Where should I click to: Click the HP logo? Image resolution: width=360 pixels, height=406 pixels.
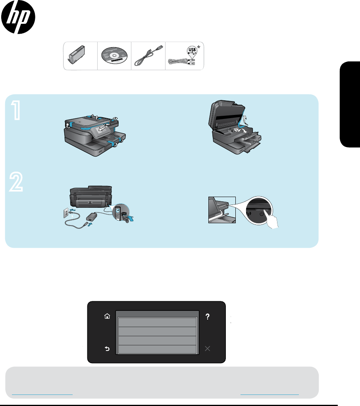pyautogui.click(x=18, y=17)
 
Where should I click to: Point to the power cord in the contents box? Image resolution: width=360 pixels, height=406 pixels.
pyautogui.click(x=148, y=56)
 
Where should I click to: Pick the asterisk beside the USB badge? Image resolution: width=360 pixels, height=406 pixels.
pyautogui.click(x=199, y=47)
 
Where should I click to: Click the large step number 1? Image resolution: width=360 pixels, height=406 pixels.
pyautogui.click(x=16, y=110)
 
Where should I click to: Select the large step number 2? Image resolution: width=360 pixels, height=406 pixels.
pyautogui.click(x=16, y=182)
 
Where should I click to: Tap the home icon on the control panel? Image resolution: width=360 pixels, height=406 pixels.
pyautogui.click(x=107, y=316)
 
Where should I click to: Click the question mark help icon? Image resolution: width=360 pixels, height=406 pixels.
pyautogui.click(x=207, y=316)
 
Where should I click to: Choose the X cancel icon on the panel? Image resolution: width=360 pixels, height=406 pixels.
pyautogui.click(x=207, y=349)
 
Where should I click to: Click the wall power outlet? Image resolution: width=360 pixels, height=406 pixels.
pyautogui.click(x=66, y=213)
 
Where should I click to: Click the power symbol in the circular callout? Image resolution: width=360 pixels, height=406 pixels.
pyautogui.click(x=262, y=214)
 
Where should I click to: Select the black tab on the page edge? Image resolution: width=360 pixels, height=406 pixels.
pyautogui.click(x=350, y=104)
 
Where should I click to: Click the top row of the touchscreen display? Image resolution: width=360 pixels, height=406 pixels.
pyautogui.click(x=157, y=322)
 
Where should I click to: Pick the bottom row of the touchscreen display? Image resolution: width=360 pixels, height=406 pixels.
pyautogui.click(x=157, y=349)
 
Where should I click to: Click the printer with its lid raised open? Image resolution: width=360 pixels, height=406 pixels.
pyautogui.click(x=235, y=127)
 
